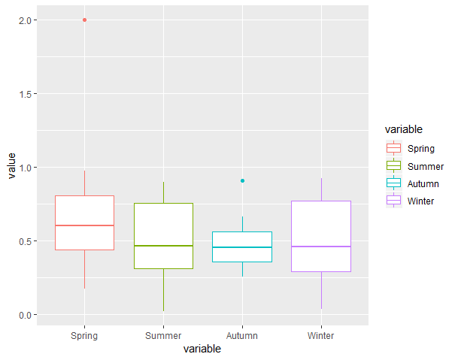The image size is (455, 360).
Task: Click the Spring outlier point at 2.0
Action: point(84,20)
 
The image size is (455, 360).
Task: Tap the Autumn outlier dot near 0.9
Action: point(242,180)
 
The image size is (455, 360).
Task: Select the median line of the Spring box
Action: point(84,225)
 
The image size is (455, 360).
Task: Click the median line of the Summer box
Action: point(163,246)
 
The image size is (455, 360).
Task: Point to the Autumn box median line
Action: point(242,247)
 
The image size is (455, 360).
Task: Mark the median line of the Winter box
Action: point(321,247)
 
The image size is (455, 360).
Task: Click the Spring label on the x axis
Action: point(84,335)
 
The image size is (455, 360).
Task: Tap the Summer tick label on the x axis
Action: point(163,335)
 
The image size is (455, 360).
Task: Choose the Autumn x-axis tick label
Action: point(242,335)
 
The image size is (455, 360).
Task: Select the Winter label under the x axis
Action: point(321,335)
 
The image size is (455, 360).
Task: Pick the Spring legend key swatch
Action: point(393,148)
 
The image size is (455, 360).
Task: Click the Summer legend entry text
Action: point(426,166)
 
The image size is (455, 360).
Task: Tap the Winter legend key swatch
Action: point(393,201)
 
